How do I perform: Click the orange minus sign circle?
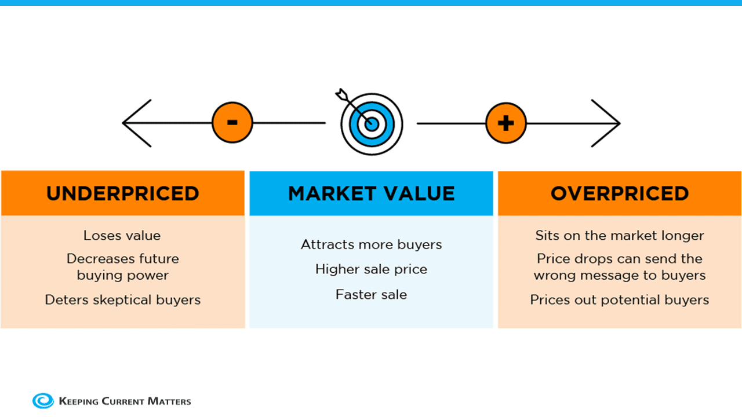(232, 123)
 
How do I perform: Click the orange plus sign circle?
(506, 123)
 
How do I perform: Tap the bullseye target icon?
(372, 124)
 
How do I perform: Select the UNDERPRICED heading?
(123, 193)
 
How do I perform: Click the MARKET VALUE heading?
(372, 193)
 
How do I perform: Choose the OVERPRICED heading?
(620, 193)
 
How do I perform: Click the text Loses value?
(122, 236)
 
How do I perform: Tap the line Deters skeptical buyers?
(123, 300)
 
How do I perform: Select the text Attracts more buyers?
(372, 244)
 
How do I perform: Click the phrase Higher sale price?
(372, 269)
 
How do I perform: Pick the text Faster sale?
(372, 294)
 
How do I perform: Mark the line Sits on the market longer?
(620, 236)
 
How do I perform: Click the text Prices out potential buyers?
(620, 300)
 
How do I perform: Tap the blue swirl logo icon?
(43, 401)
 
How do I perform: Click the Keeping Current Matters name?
(125, 401)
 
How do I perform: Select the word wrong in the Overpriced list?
(559, 276)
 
